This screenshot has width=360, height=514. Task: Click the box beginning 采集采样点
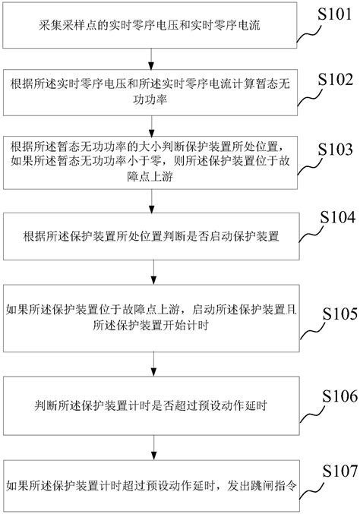click(152, 25)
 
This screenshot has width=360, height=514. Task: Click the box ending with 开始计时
click(152, 317)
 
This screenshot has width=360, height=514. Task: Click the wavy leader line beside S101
click(310, 34)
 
